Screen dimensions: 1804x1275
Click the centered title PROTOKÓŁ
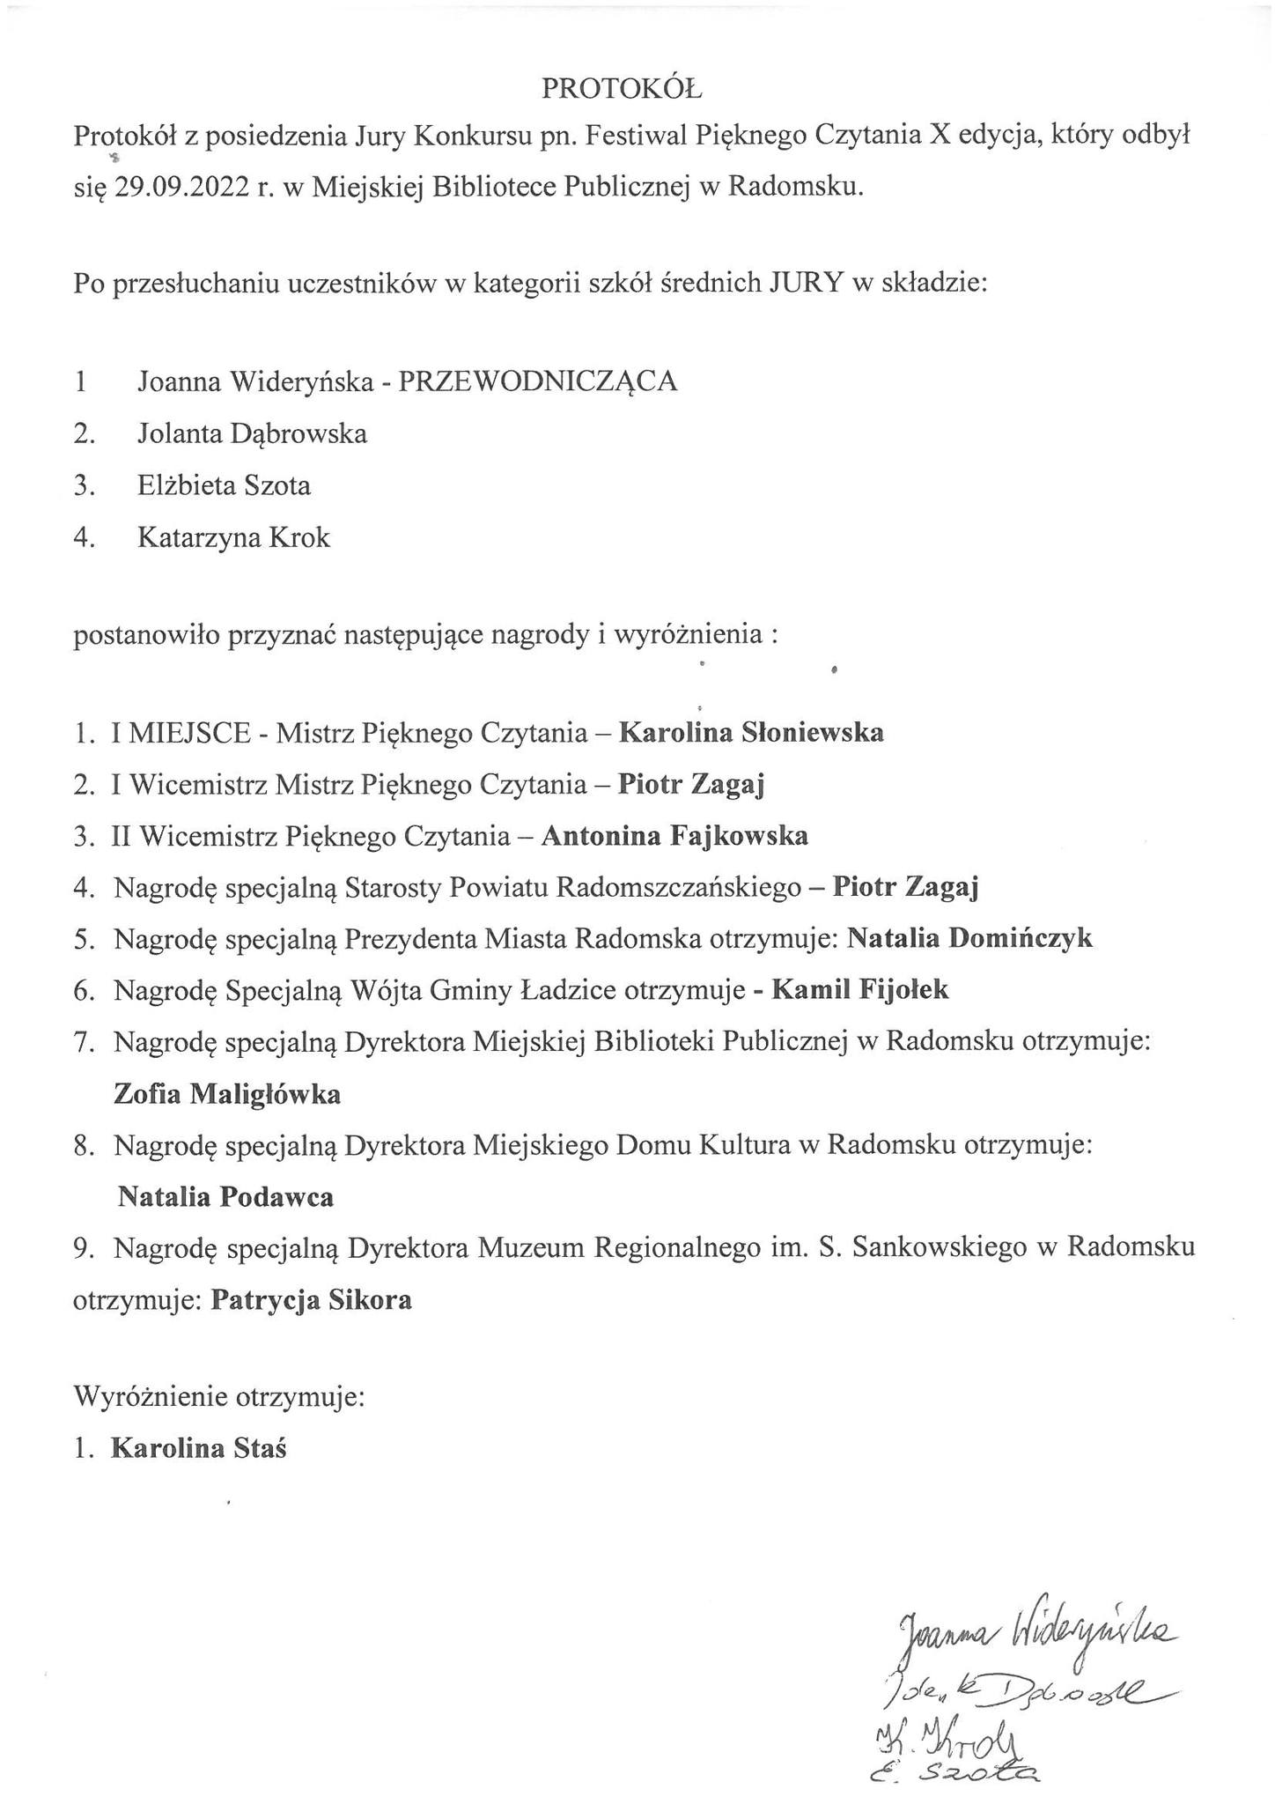pos(621,87)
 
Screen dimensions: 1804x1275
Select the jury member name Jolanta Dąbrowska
pos(252,433)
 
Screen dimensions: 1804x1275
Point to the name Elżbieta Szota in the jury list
pos(224,485)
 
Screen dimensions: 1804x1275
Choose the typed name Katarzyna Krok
pos(233,537)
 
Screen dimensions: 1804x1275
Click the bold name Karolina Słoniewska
pos(751,732)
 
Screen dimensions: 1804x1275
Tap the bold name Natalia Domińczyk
pos(969,938)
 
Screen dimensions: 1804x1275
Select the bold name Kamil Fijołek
pos(860,990)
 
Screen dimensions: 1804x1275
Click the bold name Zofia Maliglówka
pos(227,1094)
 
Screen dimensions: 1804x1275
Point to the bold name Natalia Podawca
pos(225,1197)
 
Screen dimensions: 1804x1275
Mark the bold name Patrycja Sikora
pos(311,1300)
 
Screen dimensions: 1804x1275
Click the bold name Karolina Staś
pos(198,1449)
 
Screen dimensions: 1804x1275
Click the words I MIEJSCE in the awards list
pos(181,732)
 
